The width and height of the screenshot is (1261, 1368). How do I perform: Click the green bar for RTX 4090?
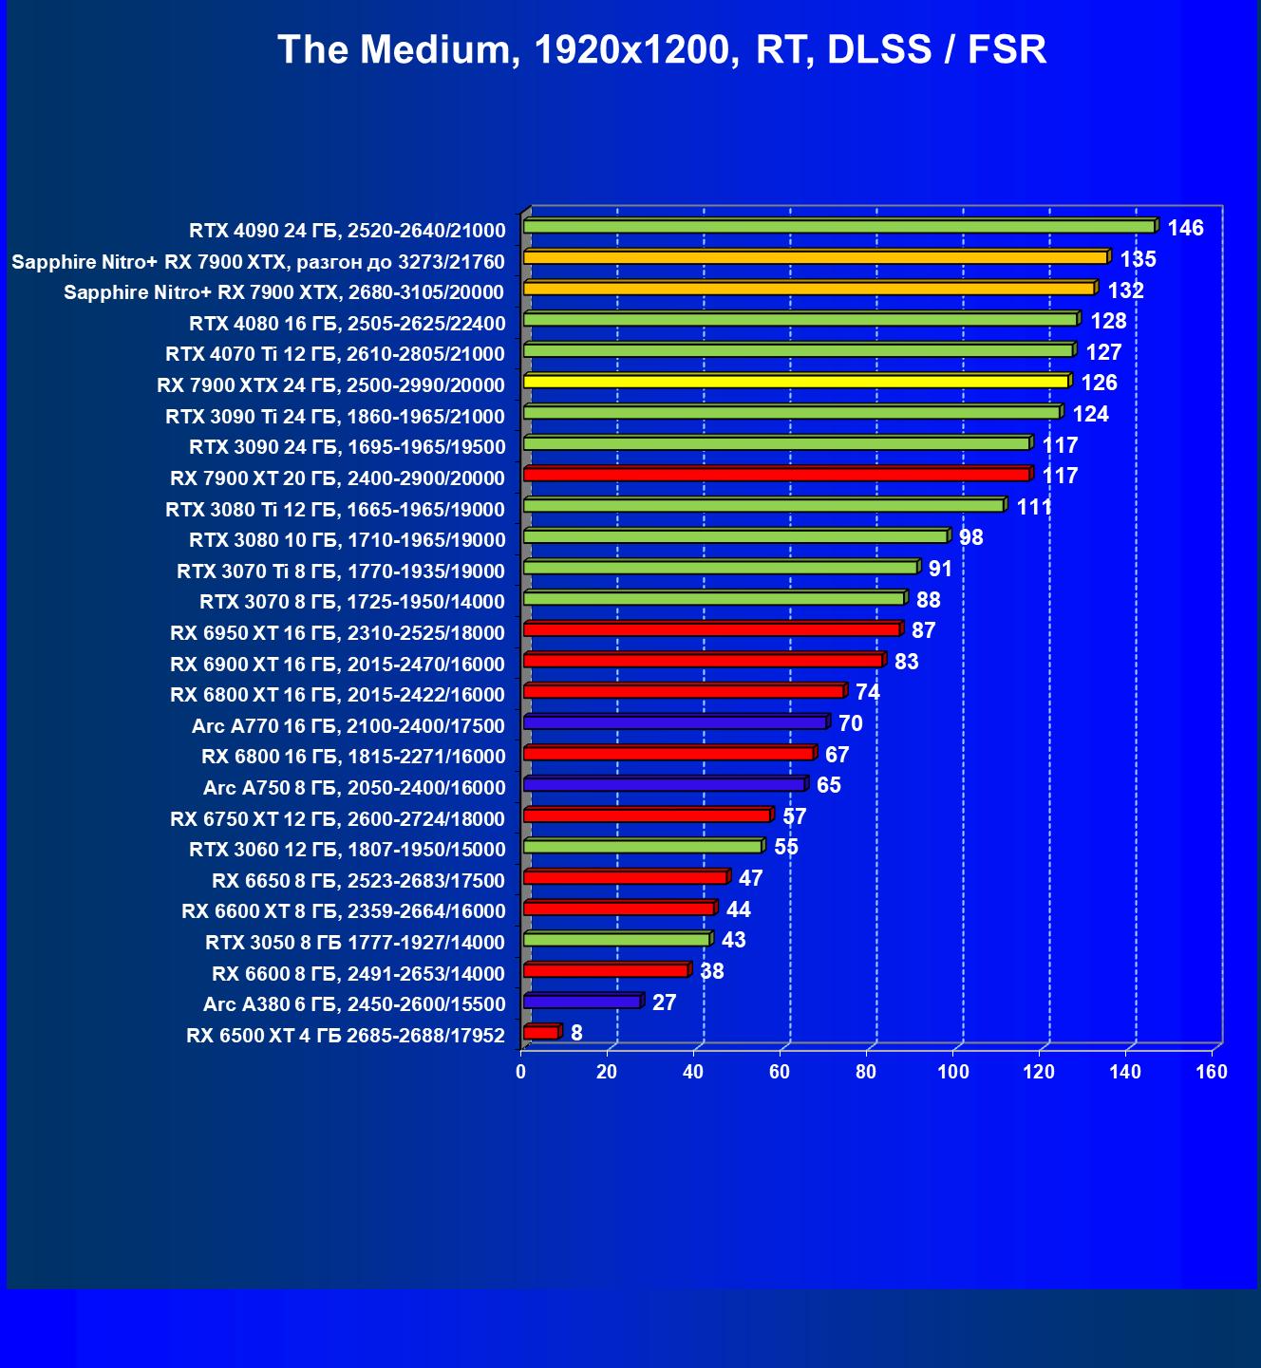[838, 227]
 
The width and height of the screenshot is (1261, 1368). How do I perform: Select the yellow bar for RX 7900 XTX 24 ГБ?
[796, 382]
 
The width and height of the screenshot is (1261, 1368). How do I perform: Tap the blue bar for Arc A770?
[674, 723]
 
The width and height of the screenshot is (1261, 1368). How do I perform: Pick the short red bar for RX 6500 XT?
[540, 1033]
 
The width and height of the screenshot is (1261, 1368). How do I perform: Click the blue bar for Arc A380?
[581, 1002]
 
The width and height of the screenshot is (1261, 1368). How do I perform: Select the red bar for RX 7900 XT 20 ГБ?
[776, 475]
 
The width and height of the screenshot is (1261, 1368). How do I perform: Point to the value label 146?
[1185, 228]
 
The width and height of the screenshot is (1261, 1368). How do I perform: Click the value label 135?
[1138, 259]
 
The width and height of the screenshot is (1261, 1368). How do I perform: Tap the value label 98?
[970, 537]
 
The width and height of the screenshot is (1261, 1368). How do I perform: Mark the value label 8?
[576, 1033]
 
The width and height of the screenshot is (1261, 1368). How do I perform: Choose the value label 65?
[828, 785]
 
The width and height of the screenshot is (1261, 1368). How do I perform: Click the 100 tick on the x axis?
[952, 1072]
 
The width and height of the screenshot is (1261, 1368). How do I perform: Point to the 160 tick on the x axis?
[1212, 1072]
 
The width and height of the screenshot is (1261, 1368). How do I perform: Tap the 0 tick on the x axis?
[520, 1072]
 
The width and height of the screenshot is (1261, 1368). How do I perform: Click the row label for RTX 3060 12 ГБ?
[347, 850]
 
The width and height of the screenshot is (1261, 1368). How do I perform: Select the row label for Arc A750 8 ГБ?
[354, 788]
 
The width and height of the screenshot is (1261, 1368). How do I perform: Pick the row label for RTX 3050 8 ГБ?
[355, 943]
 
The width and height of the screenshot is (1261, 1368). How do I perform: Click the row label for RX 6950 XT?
[337, 633]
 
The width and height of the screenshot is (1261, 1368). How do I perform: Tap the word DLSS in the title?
[879, 49]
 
